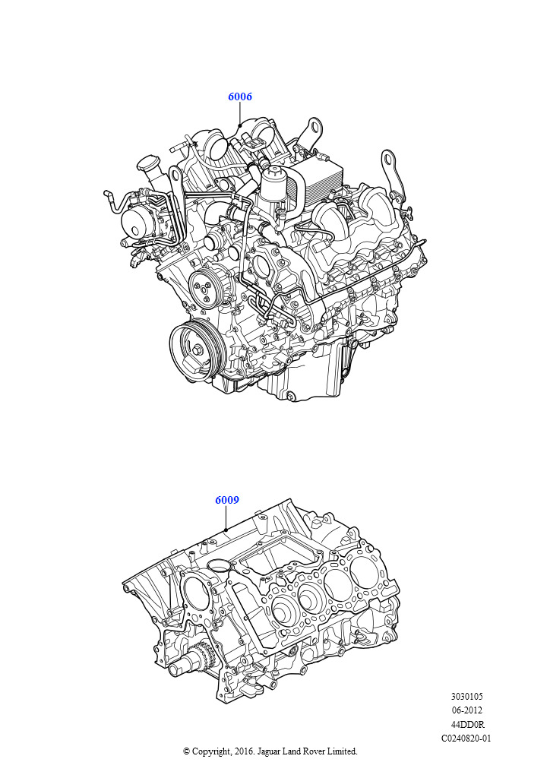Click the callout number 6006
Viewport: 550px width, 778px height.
click(240, 96)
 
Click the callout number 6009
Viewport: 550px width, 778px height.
click(227, 500)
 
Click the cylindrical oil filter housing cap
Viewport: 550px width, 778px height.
click(272, 181)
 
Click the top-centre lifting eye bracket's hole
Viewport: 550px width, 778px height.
click(314, 125)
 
